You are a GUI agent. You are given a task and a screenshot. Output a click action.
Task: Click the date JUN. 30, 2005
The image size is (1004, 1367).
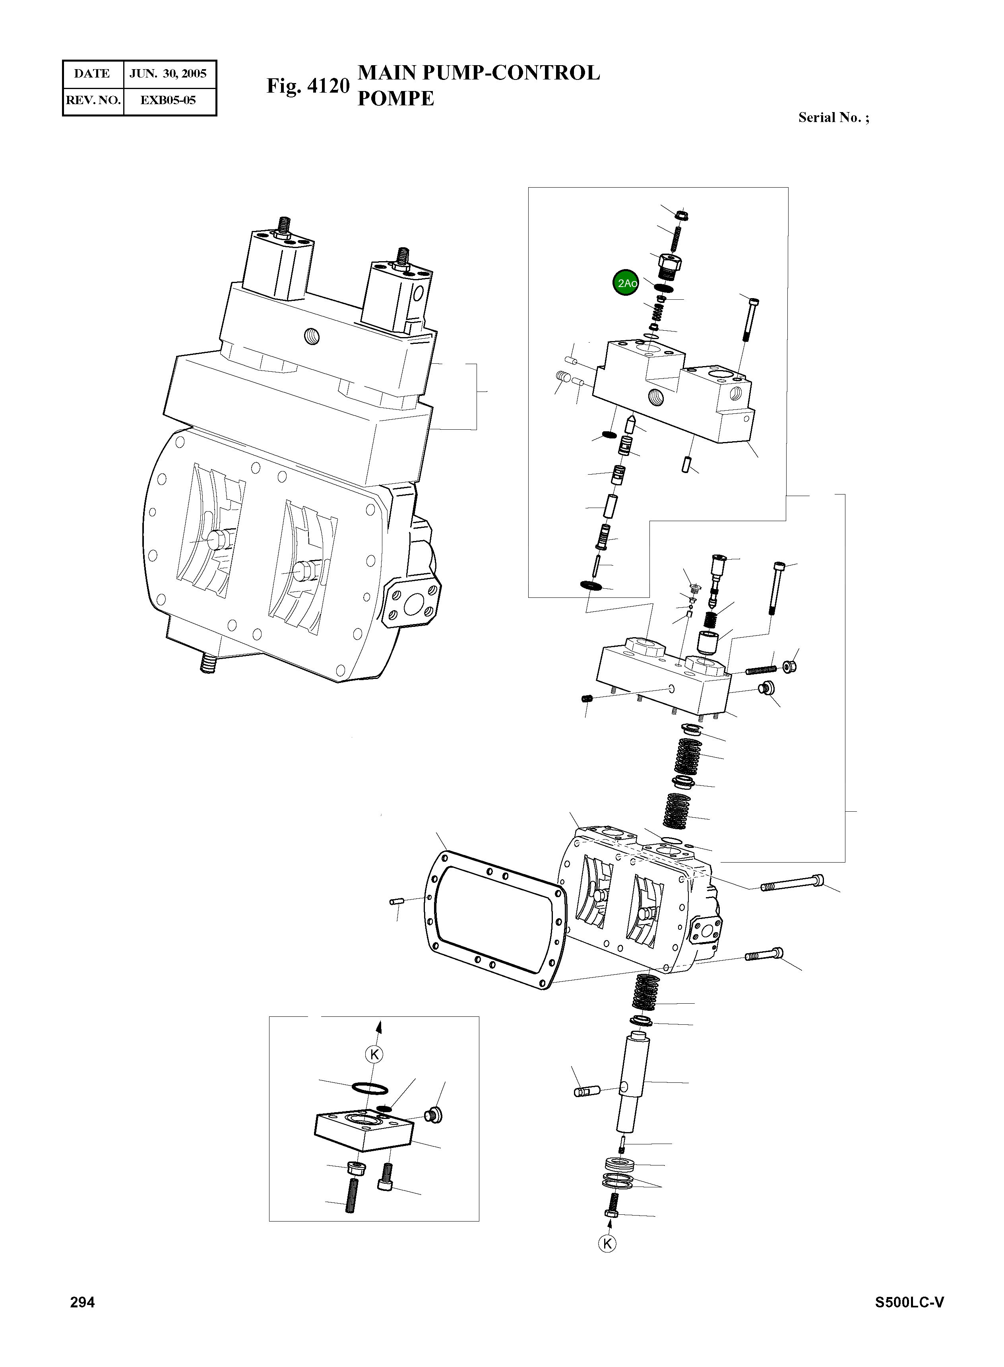169,74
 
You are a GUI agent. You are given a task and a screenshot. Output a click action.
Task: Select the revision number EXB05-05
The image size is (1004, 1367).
169,100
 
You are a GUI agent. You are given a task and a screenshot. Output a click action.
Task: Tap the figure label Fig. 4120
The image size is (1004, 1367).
308,86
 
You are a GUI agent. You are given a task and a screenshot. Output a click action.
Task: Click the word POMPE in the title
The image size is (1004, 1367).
395,99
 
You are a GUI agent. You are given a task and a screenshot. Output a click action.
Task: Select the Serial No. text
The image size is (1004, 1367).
833,117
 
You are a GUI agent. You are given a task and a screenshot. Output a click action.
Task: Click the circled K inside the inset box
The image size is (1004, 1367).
375,1054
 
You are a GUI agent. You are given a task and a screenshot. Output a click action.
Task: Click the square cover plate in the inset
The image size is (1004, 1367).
363,1130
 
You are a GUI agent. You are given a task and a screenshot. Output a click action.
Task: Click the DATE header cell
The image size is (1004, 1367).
92,74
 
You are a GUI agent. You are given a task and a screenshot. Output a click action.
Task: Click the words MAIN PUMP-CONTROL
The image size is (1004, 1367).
479,72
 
